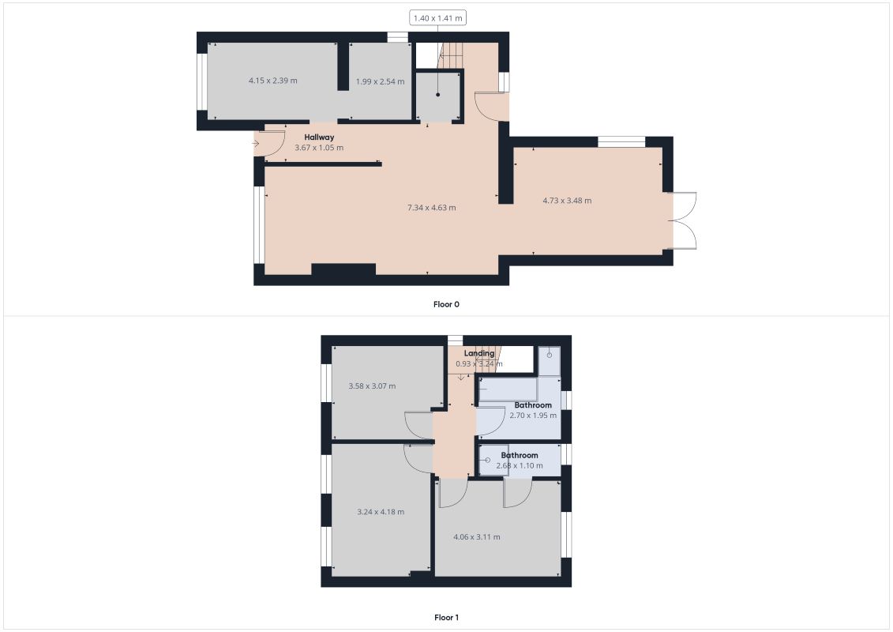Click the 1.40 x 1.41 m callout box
click(x=437, y=17)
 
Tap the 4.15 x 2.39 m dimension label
click(x=272, y=81)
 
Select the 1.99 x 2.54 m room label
click(x=380, y=81)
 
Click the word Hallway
click(x=320, y=137)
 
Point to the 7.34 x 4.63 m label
click(x=431, y=208)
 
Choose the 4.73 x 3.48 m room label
click(x=567, y=201)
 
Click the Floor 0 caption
click(x=446, y=304)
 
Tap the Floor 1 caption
click(x=446, y=618)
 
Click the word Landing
click(x=479, y=353)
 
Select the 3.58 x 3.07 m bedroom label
click(x=372, y=386)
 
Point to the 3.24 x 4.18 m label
click(x=381, y=512)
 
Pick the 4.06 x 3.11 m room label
click(x=476, y=537)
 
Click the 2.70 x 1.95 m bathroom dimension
click(x=533, y=416)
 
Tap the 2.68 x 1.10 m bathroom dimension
click(x=520, y=466)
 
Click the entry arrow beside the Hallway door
click(x=256, y=144)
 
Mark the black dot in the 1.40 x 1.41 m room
click(x=437, y=95)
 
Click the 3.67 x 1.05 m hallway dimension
click(x=319, y=148)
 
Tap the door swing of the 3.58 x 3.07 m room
click(x=418, y=424)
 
